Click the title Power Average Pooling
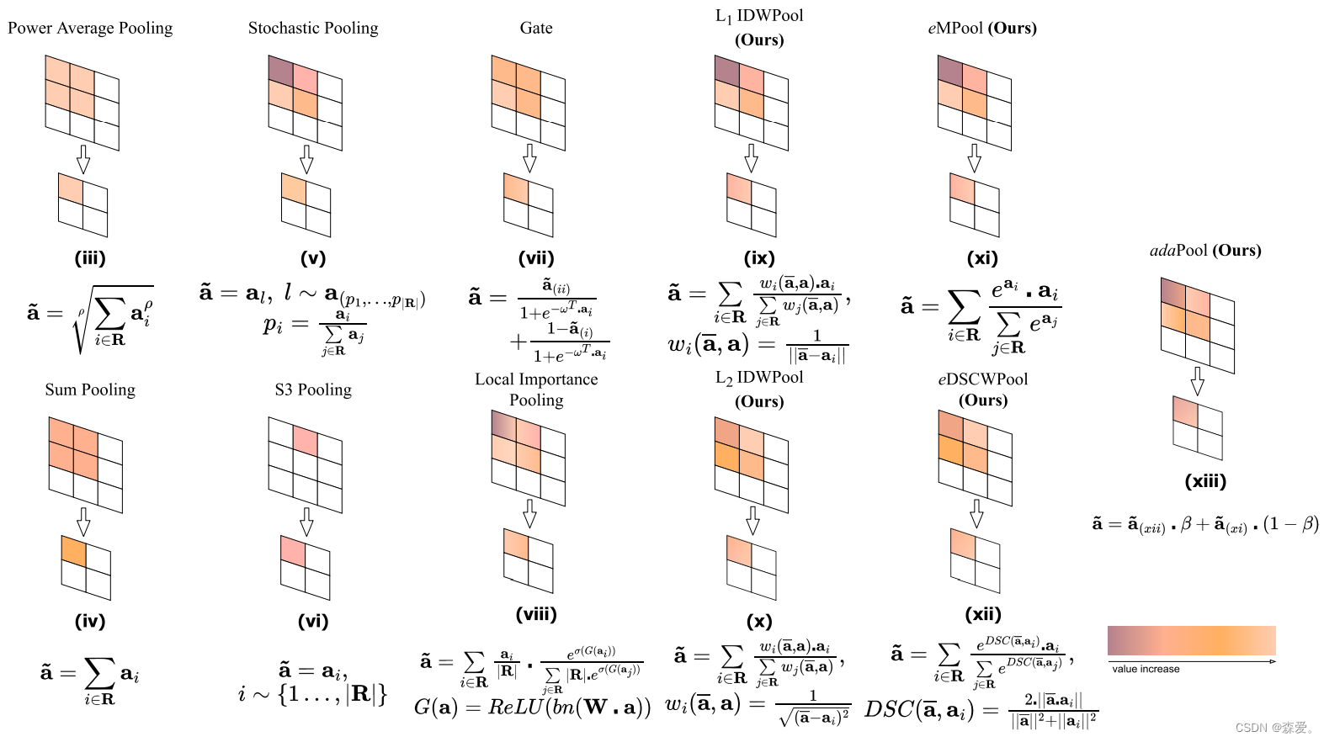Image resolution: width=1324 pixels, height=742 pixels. [90, 28]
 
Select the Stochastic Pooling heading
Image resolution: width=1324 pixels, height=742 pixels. [313, 28]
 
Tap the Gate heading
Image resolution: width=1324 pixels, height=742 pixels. [536, 28]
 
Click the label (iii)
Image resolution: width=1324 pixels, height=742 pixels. [90, 258]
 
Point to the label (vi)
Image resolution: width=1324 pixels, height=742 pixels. [313, 621]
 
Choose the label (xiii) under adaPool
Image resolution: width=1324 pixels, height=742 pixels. [1205, 481]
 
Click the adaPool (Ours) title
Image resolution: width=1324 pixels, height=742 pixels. [1205, 250]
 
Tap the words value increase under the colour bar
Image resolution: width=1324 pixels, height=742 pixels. [1146, 669]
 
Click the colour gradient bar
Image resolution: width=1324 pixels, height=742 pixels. [1191, 640]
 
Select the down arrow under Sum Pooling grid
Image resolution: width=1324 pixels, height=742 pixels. [83, 522]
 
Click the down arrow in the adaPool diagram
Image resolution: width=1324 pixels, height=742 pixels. [1197, 381]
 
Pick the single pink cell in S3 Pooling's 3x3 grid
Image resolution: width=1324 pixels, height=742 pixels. [306, 440]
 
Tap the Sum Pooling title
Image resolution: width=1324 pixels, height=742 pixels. [90, 390]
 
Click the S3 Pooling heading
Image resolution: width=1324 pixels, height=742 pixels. [313, 390]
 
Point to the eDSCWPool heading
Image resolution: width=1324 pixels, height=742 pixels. [983, 379]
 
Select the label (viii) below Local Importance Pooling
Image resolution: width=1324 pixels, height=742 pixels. [536, 613]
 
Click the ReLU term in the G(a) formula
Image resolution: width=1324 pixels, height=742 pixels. [516, 707]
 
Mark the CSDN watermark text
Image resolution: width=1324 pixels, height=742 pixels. [1274, 728]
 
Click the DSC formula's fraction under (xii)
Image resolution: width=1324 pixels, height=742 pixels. [1053, 710]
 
